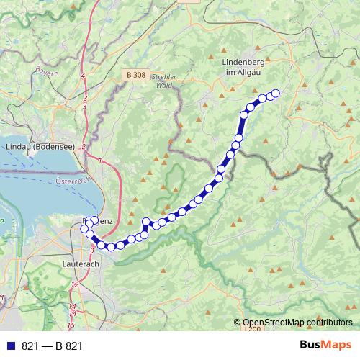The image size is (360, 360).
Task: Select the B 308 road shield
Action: [135, 74]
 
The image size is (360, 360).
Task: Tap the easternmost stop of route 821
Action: [274, 93]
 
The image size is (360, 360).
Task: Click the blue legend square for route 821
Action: [10, 346]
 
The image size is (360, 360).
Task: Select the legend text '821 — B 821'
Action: [53, 346]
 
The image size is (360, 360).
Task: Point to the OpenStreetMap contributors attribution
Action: [298, 323]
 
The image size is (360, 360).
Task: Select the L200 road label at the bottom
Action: [252, 329]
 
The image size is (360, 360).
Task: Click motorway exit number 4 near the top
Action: [84, 76]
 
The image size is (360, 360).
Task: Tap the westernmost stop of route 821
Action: [84, 229]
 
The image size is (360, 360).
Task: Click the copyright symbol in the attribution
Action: [238, 323]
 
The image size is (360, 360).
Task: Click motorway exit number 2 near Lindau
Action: [84, 147]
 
